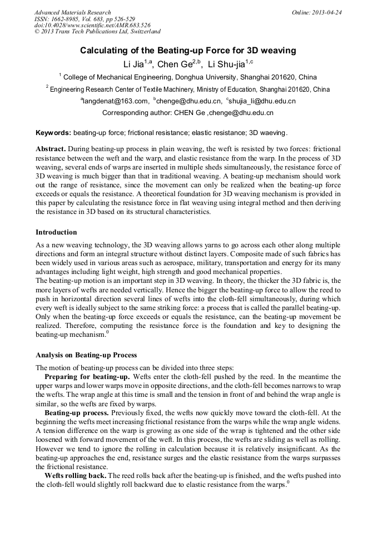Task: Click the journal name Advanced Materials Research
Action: pyautogui.click(x=72, y=12)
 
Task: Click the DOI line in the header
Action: pyautogui.click(x=92, y=26)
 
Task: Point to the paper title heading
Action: pyautogui.click(x=188, y=51)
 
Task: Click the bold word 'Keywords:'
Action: pyautogui.click(x=53, y=133)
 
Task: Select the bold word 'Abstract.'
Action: pyautogui.click(x=51, y=150)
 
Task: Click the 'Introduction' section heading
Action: pyautogui.click(x=56, y=232)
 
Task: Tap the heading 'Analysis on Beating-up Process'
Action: pyautogui.click(x=86, y=355)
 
